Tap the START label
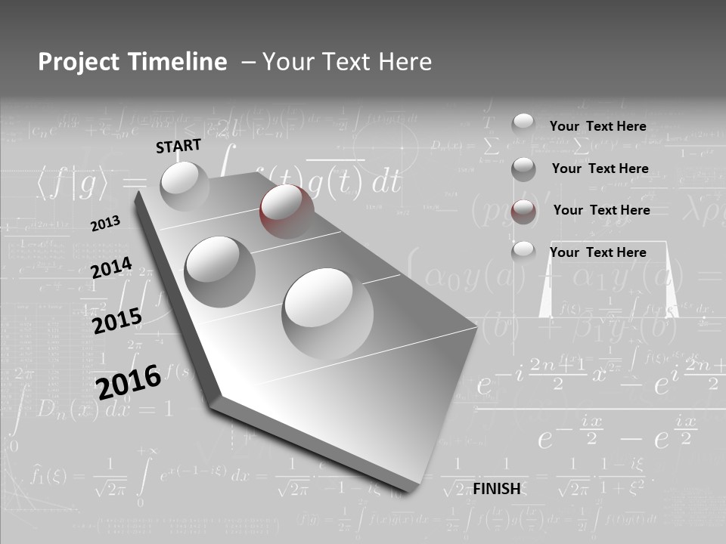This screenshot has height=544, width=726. pos(178,146)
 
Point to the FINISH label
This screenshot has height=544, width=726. pos(497,489)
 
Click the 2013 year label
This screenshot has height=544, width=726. pos(105,224)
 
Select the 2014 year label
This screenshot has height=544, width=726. pos(111,268)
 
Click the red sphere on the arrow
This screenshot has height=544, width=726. pos(287,210)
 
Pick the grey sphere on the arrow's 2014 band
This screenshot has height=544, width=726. pos(220,270)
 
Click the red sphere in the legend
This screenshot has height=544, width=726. pos(523,212)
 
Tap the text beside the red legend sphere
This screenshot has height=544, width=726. pos(601,210)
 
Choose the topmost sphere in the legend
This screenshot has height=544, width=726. pos(523,125)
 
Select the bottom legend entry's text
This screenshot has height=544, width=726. pos(597,252)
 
